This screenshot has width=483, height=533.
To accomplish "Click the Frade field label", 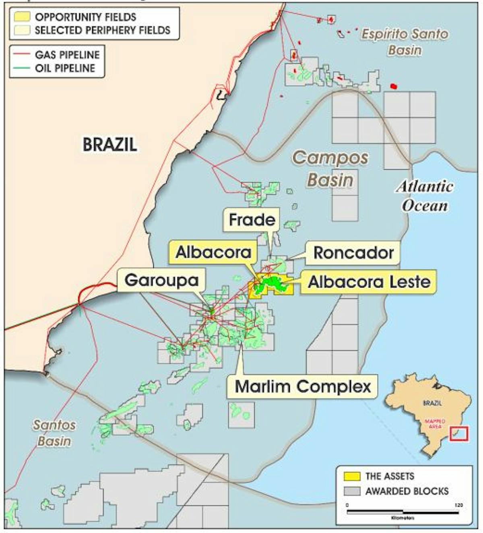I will click(x=252, y=220).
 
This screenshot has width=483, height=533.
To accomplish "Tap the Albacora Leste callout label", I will click(x=369, y=281).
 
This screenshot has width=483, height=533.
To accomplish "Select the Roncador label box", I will click(x=353, y=253).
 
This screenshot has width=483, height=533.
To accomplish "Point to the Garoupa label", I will click(x=161, y=280).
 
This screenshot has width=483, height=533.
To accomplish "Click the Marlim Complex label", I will click(x=303, y=386).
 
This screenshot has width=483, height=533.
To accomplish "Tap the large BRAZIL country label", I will click(x=110, y=144).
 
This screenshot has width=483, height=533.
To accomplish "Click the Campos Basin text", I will click(x=330, y=169).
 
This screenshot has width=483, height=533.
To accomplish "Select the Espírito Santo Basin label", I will click(x=405, y=42).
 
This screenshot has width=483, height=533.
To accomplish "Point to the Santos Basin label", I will click(x=54, y=433).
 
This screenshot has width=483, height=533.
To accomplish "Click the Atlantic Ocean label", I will click(x=425, y=196).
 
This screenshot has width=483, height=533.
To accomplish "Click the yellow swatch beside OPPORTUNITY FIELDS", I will click(x=22, y=17).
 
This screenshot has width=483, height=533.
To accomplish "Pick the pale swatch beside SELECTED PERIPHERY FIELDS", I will click(x=22, y=30).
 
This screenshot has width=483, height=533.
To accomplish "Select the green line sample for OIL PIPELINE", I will click(x=21, y=68).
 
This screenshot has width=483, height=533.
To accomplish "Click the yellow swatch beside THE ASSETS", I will click(x=352, y=476).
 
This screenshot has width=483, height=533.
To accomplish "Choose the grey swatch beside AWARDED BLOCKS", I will click(x=352, y=491).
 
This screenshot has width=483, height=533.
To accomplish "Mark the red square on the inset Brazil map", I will click(x=459, y=433).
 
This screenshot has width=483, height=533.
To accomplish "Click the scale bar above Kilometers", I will click(x=402, y=512).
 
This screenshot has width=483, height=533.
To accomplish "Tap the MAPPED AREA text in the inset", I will click(x=435, y=424).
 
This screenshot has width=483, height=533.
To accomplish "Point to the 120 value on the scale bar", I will click(x=458, y=505).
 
